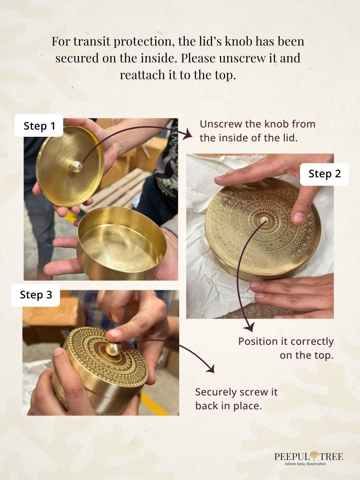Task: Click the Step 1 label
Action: (x=39, y=126)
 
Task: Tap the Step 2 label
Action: (x=324, y=174)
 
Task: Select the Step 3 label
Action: (x=36, y=295)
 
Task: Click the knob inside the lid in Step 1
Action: (x=76, y=166)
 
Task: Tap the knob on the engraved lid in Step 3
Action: (x=114, y=349)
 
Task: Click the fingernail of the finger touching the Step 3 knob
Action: (x=114, y=334)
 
